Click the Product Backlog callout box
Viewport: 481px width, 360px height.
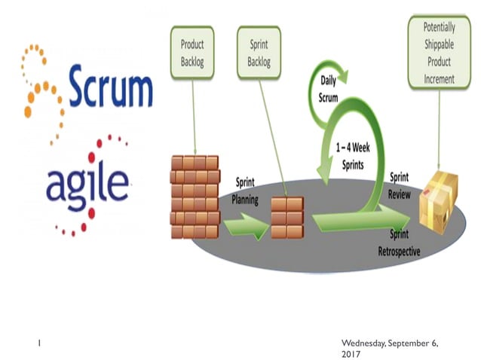[192, 51]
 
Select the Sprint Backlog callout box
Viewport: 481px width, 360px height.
[259, 51]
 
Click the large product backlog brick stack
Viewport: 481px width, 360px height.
[194, 197]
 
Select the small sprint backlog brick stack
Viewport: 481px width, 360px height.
[286, 216]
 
